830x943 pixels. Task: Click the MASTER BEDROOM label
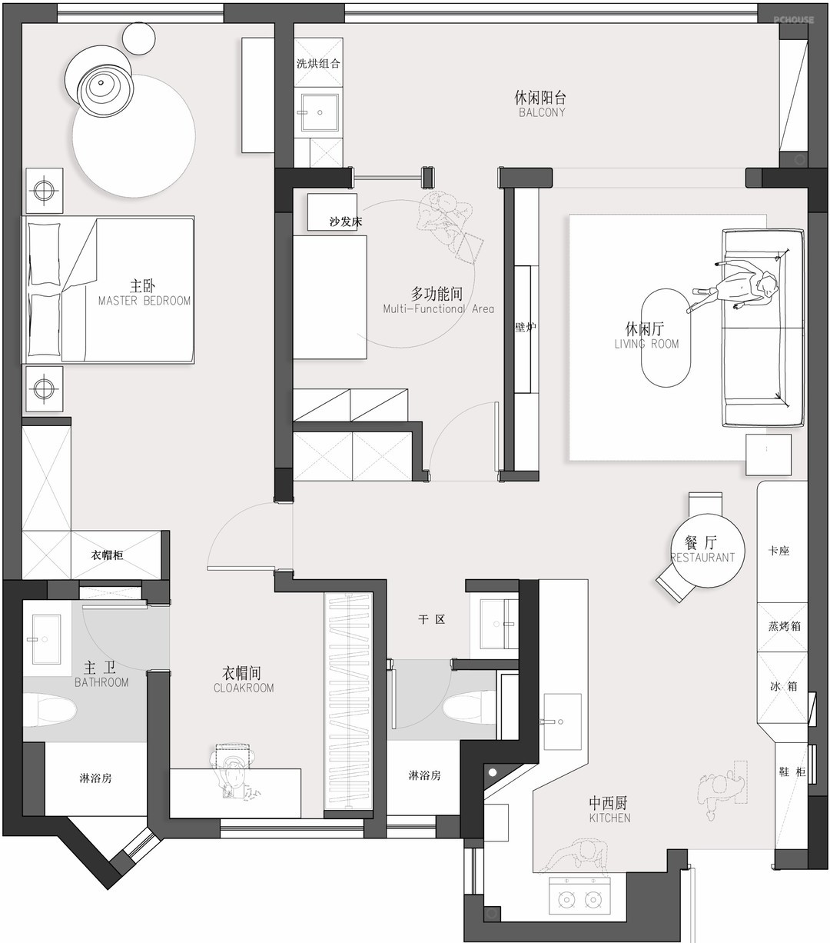coord(144,301)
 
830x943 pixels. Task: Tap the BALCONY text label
coord(542,112)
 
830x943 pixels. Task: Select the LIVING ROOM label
coord(646,344)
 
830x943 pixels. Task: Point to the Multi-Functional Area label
coord(439,308)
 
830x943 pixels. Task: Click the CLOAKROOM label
coord(244,688)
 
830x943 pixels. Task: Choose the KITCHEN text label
coord(609,818)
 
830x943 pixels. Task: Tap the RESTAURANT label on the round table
coord(702,557)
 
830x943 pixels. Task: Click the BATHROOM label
coord(101,682)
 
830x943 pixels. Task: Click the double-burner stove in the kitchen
coord(579,899)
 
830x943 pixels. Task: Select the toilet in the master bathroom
coord(50,710)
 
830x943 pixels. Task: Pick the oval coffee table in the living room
coord(666,338)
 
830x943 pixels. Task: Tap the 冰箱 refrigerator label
coord(783,686)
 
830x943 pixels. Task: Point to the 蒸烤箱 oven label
coord(785,626)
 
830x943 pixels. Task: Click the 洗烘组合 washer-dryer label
coord(318,63)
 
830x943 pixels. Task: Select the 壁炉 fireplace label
coord(526,327)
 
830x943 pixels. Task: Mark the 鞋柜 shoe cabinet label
coord(792,771)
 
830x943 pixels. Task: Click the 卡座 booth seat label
coord(779,551)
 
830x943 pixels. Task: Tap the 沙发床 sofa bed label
coord(346,222)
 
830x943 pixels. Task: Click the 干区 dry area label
coord(432,619)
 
